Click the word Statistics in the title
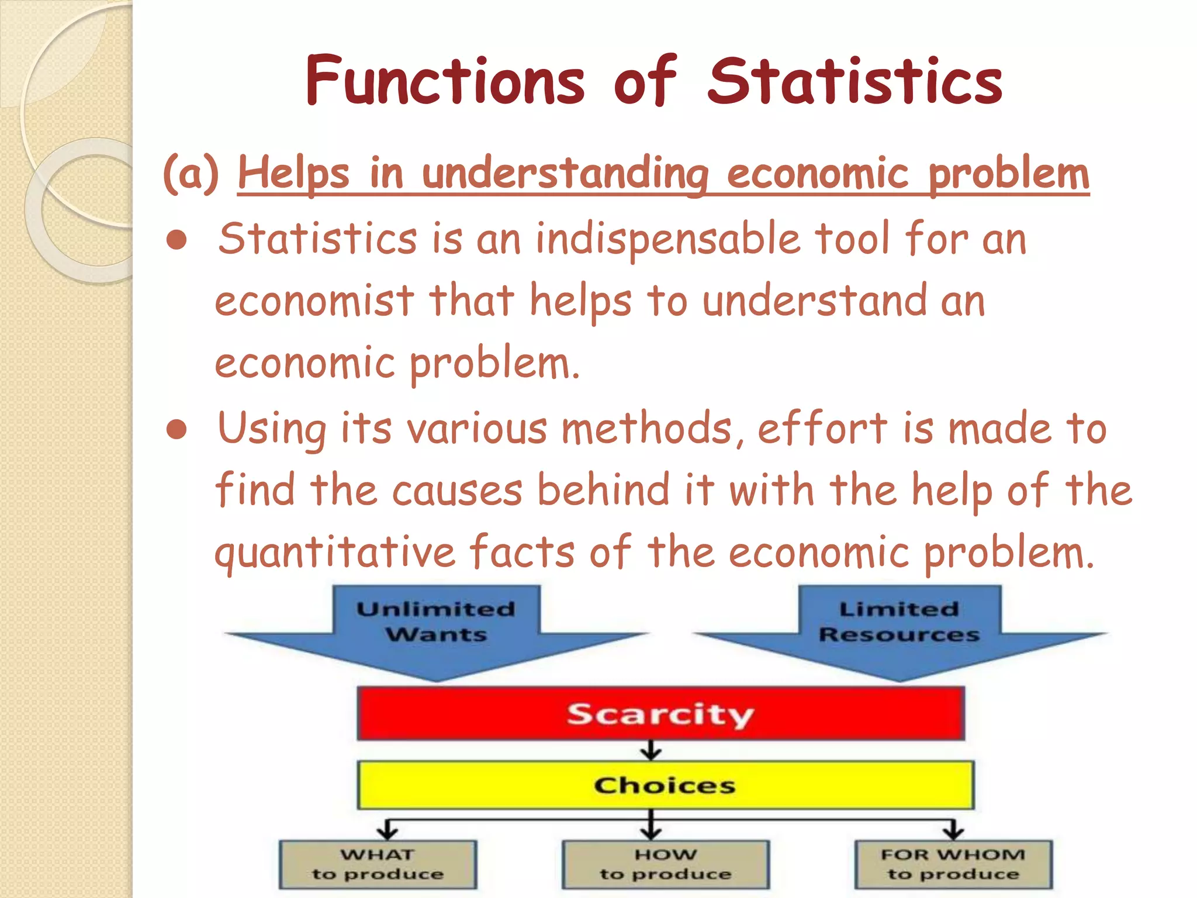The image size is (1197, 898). click(855, 82)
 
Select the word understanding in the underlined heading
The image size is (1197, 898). click(565, 174)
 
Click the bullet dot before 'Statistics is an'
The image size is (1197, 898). click(176, 240)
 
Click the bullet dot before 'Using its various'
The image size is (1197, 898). click(176, 430)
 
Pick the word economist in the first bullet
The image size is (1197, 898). click(314, 301)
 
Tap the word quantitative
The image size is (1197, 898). click(335, 552)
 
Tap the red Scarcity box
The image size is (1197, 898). click(660, 714)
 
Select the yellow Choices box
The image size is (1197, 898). click(665, 785)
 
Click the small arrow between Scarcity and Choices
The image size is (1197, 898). click(651, 751)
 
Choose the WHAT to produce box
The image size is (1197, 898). click(378, 865)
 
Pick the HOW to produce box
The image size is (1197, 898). click(665, 865)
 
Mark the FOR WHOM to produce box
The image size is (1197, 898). click(953, 865)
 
